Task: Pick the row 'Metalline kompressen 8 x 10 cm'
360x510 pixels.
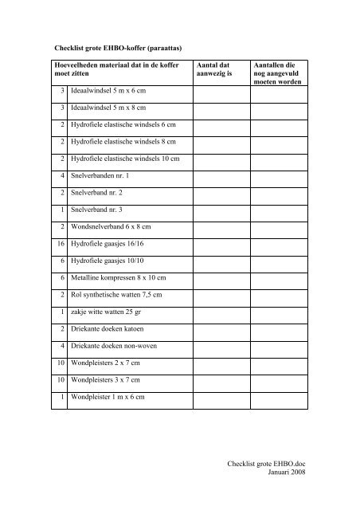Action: coord(120,277)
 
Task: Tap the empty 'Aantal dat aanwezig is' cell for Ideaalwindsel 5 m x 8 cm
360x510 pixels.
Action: coord(219,108)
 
